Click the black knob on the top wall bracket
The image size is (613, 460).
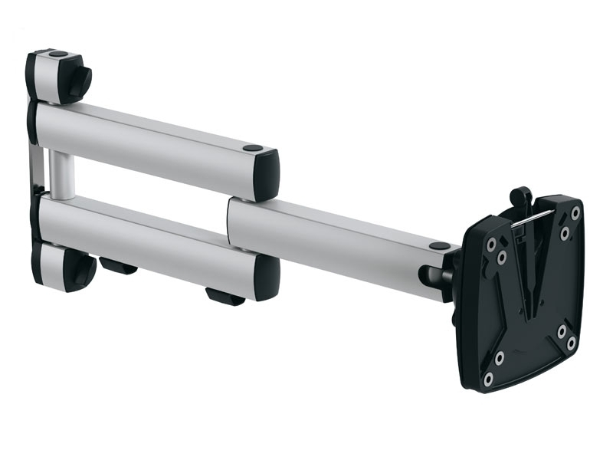point(79,80)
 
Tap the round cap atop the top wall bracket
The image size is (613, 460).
point(57,54)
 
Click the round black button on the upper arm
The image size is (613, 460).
point(251,147)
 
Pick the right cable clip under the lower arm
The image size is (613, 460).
point(225,295)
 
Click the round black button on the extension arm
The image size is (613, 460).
point(440,246)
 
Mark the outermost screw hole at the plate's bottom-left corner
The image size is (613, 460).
point(488,378)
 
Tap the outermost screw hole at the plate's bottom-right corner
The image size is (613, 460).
point(572,343)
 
